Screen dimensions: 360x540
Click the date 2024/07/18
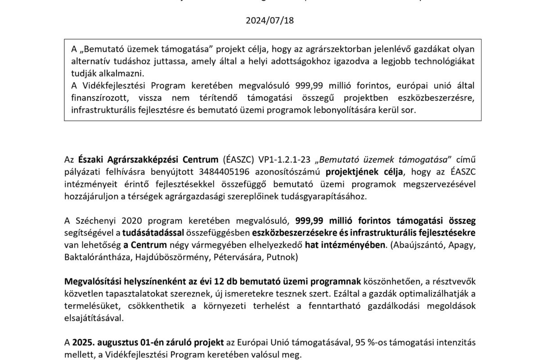point(270,20)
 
